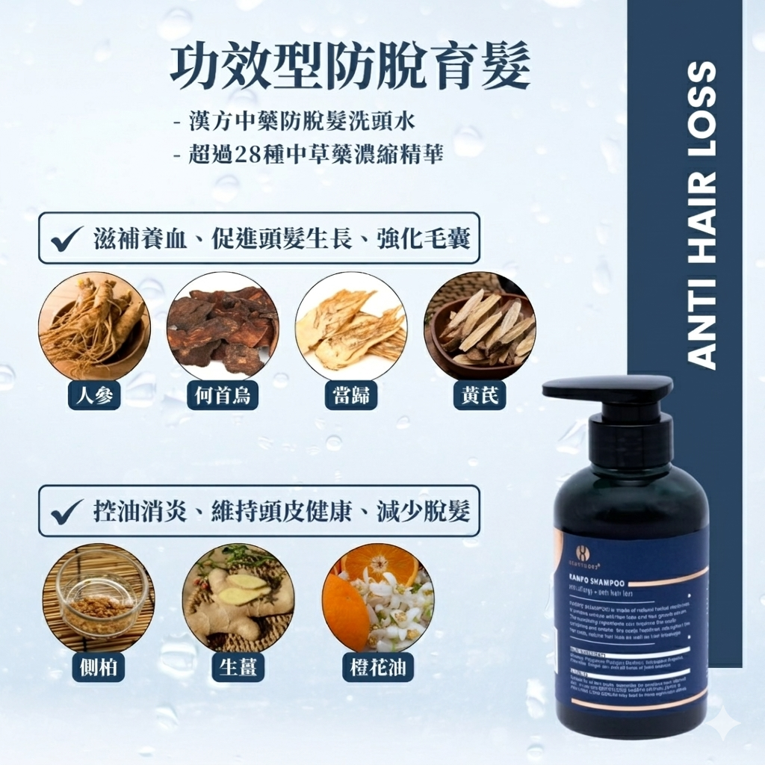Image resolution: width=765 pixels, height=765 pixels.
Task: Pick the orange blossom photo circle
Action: point(378,597)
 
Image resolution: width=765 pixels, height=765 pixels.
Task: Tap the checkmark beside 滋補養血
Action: point(69,238)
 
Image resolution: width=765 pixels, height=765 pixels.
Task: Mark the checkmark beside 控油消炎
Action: point(69,512)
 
